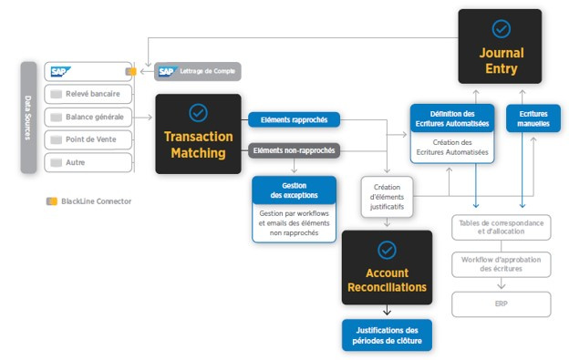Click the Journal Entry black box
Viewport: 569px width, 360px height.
[x=500, y=46]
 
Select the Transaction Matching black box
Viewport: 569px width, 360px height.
[x=198, y=134]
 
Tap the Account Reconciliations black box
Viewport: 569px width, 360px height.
[x=387, y=267]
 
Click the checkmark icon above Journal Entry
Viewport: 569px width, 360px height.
[x=502, y=28]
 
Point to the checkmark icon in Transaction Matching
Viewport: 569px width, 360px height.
[x=198, y=113]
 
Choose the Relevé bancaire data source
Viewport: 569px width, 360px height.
[x=88, y=94]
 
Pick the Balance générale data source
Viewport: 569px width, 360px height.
[x=88, y=117]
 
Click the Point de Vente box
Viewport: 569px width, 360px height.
[x=88, y=139]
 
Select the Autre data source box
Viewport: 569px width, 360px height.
[x=88, y=162]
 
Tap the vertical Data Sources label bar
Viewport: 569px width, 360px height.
[x=28, y=118]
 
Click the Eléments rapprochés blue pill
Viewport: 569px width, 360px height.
[x=294, y=119]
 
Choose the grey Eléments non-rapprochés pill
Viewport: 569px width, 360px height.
[x=294, y=150]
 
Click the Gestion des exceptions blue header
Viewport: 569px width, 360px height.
[x=294, y=190]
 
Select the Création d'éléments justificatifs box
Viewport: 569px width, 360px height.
[x=387, y=197]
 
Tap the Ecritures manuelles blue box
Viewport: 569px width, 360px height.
[x=533, y=118]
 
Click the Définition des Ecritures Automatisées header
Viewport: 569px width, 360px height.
[x=452, y=118]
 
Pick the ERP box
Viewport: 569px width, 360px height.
[x=502, y=304]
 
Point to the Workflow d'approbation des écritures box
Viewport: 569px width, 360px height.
[x=502, y=264]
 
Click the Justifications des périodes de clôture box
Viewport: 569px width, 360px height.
[x=387, y=335]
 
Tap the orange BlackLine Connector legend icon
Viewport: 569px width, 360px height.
[x=52, y=201]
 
